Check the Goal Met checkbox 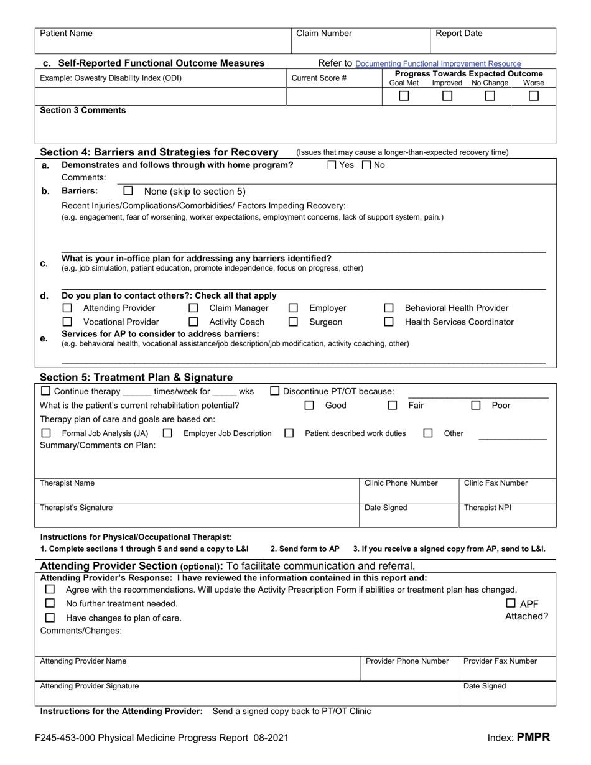coord(404,96)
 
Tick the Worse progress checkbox coord(533,96)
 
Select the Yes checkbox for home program coord(332,165)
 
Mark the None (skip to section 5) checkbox coord(128,191)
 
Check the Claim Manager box coord(193,308)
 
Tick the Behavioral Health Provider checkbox coord(389,308)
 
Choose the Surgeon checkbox coord(293,322)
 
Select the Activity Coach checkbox coord(193,322)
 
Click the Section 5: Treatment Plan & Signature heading coord(136,378)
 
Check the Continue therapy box coord(45,391)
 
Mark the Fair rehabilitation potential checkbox coord(393,406)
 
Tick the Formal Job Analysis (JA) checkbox coord(46,433)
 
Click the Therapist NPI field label coord(487,508)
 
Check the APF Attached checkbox coord(511,603)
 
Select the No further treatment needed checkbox coord(50,603)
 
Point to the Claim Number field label coord(323,34)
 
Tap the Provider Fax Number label coord(500,661)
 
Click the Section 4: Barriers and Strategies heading coord(159,152)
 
